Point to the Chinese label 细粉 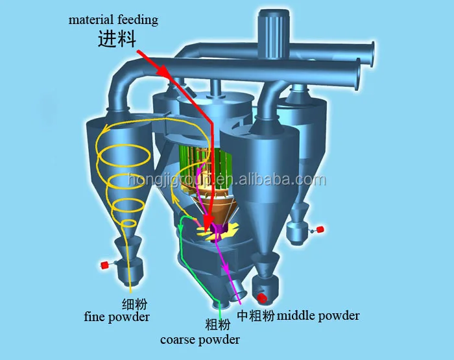[134, 303]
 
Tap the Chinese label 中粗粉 [256, 316]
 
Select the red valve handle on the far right [320, 229]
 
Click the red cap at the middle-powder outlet [263, 298]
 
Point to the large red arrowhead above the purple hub [211, 219]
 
